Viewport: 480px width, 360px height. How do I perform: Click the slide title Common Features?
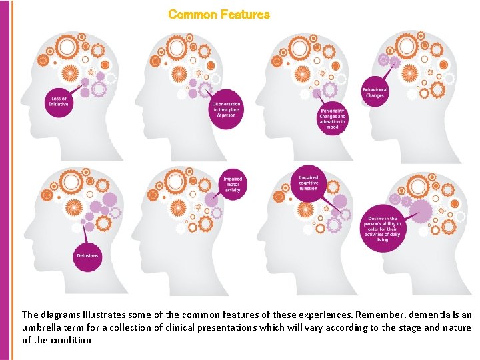pos(219,14)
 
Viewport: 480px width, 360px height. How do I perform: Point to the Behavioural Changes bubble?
pos(375,93)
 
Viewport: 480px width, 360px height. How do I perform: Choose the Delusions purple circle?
pos(87,255)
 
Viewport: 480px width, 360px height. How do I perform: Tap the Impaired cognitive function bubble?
pos(309,183)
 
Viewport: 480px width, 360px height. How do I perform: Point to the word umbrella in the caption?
pos(45,327)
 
